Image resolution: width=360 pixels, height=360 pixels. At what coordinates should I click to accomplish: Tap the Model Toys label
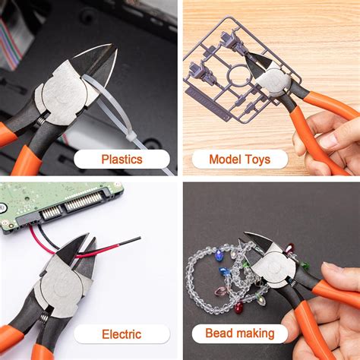[x=238, y=159]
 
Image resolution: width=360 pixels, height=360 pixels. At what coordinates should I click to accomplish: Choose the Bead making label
[x=238, y=334]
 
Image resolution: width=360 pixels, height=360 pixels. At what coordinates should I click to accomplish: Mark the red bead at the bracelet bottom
[x=238, y=308]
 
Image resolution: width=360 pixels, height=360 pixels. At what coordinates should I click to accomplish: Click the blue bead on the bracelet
[x=223, y=271]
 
